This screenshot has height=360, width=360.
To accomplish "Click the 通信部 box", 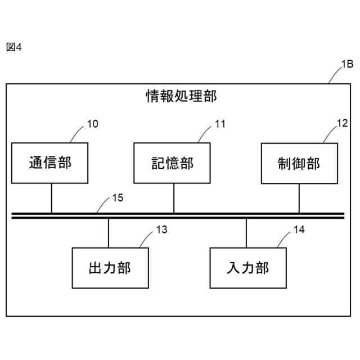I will point(50,163).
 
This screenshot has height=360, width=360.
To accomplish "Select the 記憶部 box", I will point(172,163).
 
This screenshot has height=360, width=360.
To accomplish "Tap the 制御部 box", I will point(299,163).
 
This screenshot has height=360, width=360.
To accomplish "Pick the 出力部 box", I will point(110,268).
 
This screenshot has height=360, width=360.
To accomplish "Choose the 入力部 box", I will point(248,268).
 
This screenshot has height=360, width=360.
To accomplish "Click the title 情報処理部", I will point(181,97).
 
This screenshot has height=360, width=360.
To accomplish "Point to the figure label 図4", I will point(13,47).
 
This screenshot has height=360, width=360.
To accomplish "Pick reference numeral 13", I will point(161,229).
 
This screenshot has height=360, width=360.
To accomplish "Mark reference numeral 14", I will point(299,229).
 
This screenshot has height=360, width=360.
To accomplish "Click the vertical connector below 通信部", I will point(52,197).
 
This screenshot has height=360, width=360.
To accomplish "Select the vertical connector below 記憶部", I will point(173,197).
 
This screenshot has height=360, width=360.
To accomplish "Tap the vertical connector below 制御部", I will point(299,197).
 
